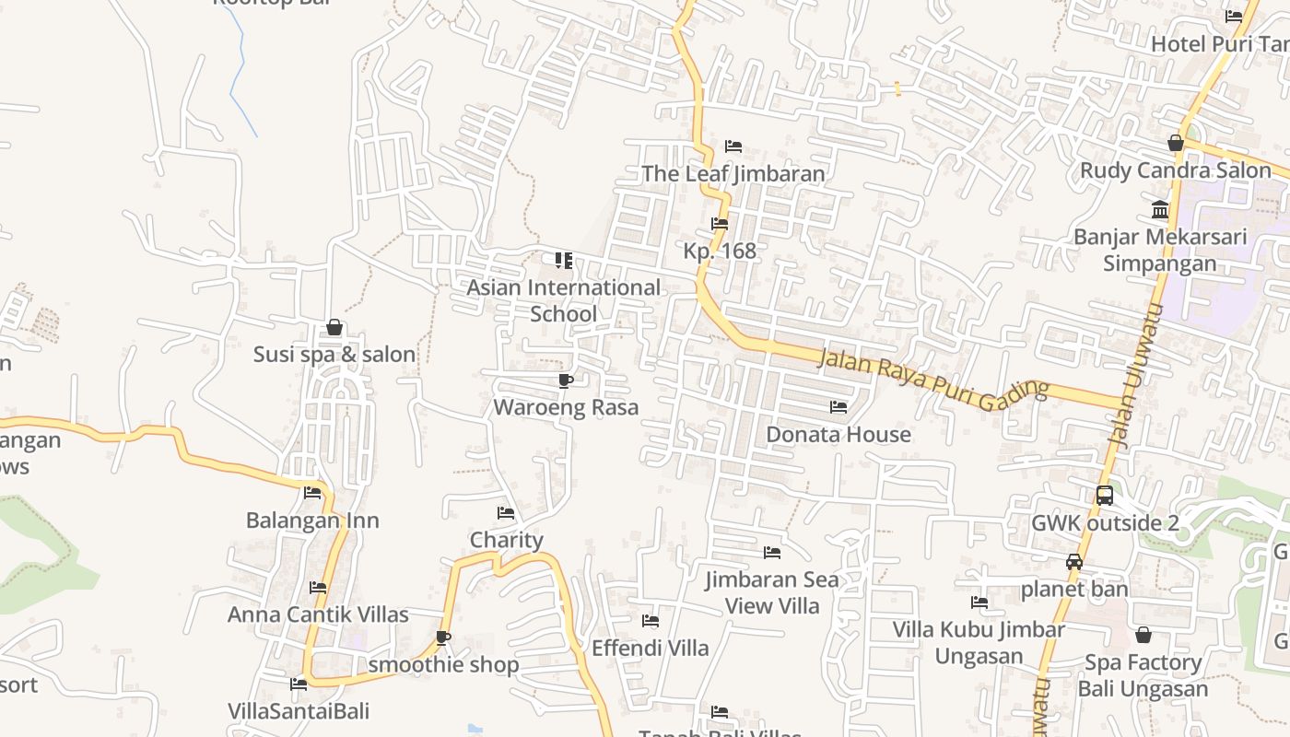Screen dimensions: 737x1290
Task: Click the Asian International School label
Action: click(563, 300)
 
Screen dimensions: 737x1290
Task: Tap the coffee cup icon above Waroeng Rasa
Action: click(566, 380)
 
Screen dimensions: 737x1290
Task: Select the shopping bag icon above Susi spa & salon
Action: click(334, 327)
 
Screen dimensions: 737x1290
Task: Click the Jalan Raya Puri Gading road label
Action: click(932, 376)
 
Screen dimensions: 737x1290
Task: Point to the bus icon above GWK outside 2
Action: click(1105, 496)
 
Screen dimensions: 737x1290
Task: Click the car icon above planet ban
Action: click(1073, 561)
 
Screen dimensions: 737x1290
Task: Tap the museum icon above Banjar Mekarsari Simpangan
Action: click(1160, 209)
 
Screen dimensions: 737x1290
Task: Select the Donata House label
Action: click(838, 434)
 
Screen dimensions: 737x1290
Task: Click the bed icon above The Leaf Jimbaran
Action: click(733, 146)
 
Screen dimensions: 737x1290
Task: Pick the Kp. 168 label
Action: click(720, 251)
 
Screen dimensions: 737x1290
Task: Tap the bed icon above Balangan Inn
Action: click(312, 493)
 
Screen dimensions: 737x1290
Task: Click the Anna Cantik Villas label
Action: click(318, 614)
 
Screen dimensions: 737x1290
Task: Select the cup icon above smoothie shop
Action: click(443, 638)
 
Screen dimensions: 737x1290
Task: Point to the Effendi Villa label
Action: click(651, 648)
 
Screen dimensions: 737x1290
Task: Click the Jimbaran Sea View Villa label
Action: click(772, 592)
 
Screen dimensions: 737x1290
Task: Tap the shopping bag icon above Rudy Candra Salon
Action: click(1175, 143)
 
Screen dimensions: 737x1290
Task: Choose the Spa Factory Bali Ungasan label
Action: click(1143, 675)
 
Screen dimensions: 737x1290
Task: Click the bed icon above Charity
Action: click(506, 513)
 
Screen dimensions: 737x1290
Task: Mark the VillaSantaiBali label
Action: click(299, 711)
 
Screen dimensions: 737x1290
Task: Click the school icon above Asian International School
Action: click(564, 261)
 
